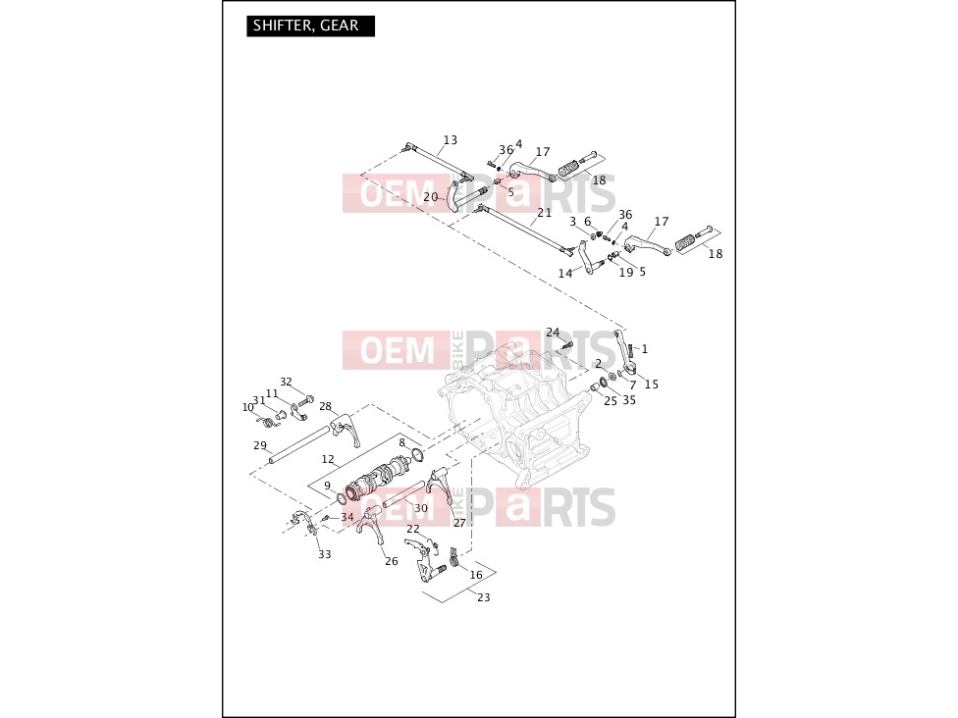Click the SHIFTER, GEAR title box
pos(310,26)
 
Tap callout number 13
pos(451,140)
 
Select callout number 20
pos(430,196)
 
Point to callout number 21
pos(545,213)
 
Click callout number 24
pos(553,333)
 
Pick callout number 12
pos(328,459)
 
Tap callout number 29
pos(260,445)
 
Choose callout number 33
pos(325,554)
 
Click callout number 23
pos(483,597)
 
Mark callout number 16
pos(476,575)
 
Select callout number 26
pos(391,561)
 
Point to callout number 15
pos(652,385)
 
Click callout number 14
pos(565,274)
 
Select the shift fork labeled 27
pos(440,486)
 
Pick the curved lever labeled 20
pos(453,195)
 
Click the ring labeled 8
pos(417,454)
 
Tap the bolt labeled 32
pos(305,401)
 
